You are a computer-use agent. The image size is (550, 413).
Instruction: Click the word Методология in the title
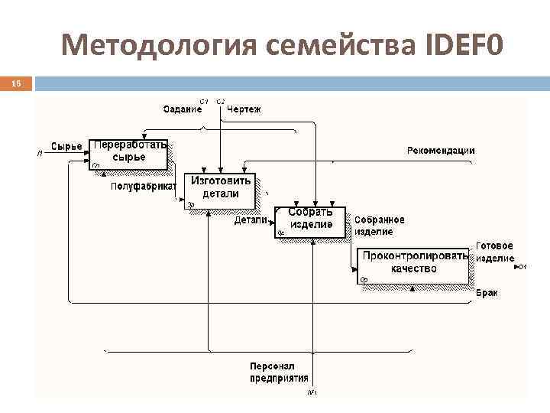point(160,47)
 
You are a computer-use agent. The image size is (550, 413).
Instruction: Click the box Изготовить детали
point(220,188)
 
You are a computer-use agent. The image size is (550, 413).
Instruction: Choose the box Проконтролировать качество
point(413,263)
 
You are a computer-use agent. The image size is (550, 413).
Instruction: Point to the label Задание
point(183,109)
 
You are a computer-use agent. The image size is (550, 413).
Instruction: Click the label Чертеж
point(244,109)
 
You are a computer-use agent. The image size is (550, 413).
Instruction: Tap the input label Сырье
point(66,146)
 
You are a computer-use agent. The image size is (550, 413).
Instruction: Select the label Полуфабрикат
point(144,186)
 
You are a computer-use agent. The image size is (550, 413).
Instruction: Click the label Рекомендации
point(440,151)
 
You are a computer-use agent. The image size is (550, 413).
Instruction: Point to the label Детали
point(251,220)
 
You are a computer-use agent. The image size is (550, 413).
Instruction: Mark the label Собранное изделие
point(380,225)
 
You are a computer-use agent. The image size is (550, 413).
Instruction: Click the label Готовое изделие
point(495,252)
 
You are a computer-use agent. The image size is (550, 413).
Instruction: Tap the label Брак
point(487,293)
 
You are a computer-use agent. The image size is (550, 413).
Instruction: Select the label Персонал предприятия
point(279,372)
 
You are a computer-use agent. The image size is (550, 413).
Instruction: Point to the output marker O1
point(522,267)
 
